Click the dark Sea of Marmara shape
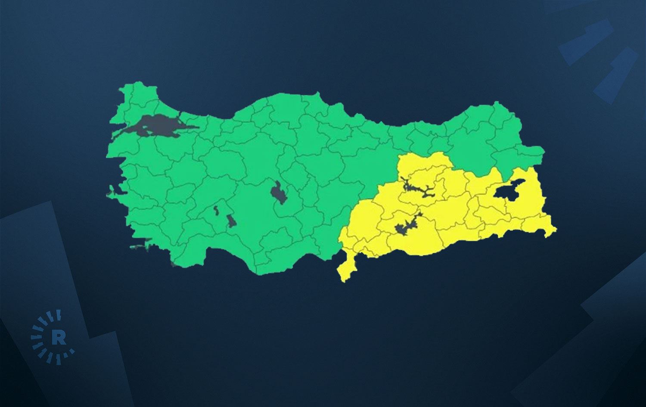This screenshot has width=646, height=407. tap(155, 126)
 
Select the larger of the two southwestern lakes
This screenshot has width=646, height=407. tap(232, 221)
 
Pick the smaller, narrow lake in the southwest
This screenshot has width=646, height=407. tap(216, 211)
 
